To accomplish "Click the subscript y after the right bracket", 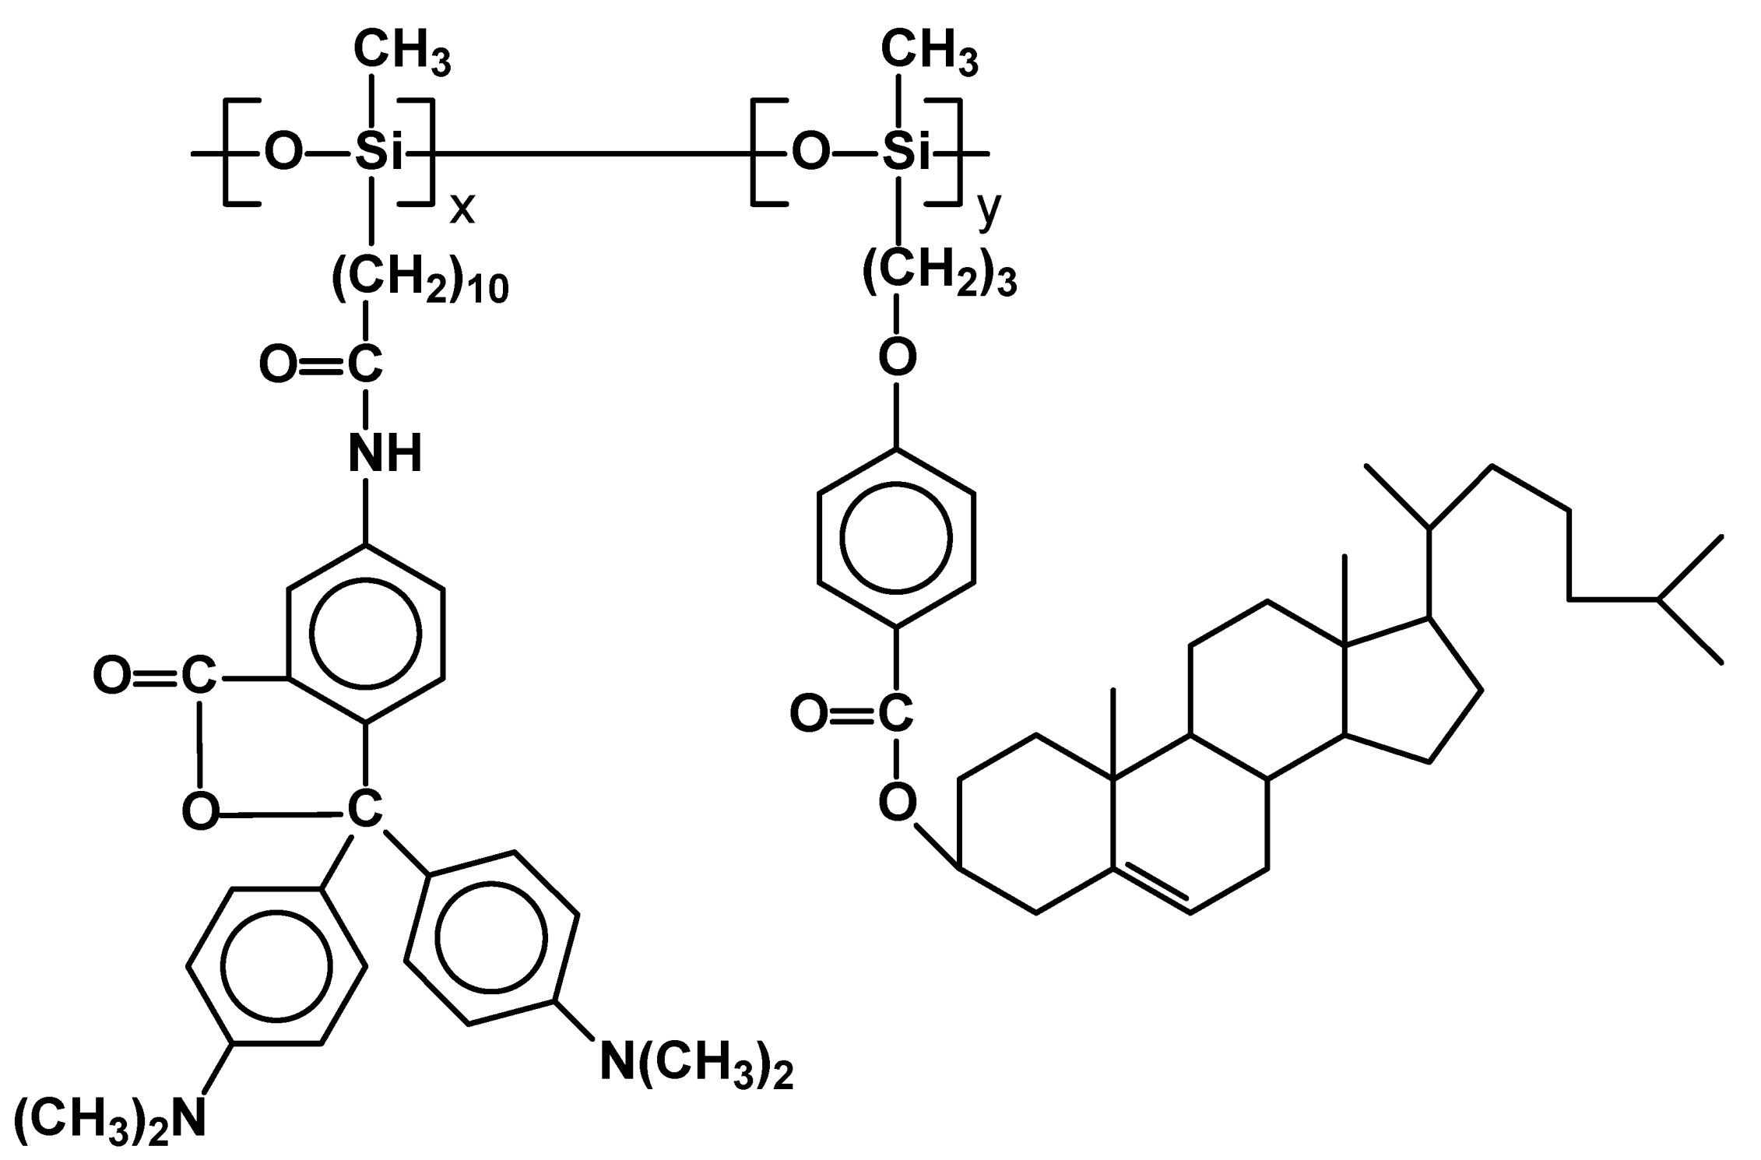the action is pyautogui.click(x=988, y=209).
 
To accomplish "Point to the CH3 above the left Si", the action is pyautogui.click(x=402, y=53).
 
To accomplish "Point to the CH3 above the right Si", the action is pyautogui.click(x=929, y=53).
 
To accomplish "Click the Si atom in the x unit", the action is pyautogui.click(x=378, y=152).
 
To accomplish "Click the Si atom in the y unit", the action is pyautogui.click(x=905, y=152).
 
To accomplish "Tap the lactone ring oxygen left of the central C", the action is pyautogui.click(x=200, y=811).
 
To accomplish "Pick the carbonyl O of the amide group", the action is pyautogui.click(x=277, y=364).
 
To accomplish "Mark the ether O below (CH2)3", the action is pyautogui.click(x=897, y=357).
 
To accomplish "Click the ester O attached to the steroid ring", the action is pyautogui.click(x=897, y=803).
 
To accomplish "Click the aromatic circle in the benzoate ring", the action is pyautogui.click(x=896, y=537).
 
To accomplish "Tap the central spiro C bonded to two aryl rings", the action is pyautogui.click(x=364, y=810).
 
